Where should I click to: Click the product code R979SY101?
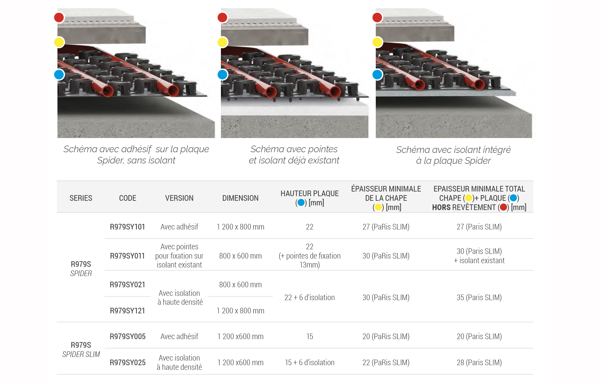click(127, 227)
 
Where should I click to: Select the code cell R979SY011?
click(127, 256)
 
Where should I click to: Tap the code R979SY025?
click(127, 363)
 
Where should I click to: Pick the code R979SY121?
click(127, 311)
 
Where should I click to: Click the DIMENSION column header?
click(240, 198)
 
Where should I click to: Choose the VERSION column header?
click(179, 198)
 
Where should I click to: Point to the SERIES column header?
click(81, 198)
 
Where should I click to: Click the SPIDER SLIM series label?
click(81, 354)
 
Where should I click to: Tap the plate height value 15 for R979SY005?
click(310, 336)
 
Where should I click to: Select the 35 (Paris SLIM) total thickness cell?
click(479, 297)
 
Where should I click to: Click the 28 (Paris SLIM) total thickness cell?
click(479, 363)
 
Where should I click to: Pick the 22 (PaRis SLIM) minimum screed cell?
click(386, 363)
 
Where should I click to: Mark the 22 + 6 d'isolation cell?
click(310, 297)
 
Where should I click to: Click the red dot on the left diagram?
click(59, 17)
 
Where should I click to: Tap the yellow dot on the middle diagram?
click(223, 42)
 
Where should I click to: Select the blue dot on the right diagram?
click(377, 75)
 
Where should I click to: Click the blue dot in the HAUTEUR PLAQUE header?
click(301, 203)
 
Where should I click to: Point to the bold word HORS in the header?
click(441, 207)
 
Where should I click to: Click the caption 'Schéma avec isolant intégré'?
click(453, 150)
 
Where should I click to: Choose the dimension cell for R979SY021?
click(240, 285)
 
